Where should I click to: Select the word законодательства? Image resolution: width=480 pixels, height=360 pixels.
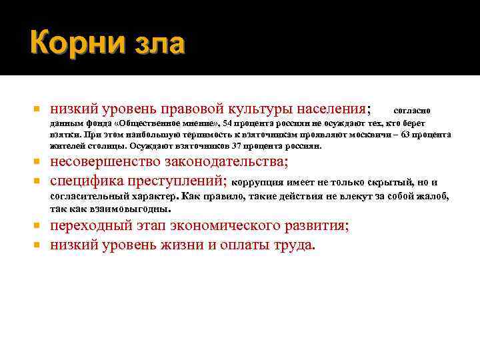click(x=235, y=163)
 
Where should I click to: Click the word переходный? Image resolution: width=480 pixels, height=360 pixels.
click(x=93, y=226)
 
